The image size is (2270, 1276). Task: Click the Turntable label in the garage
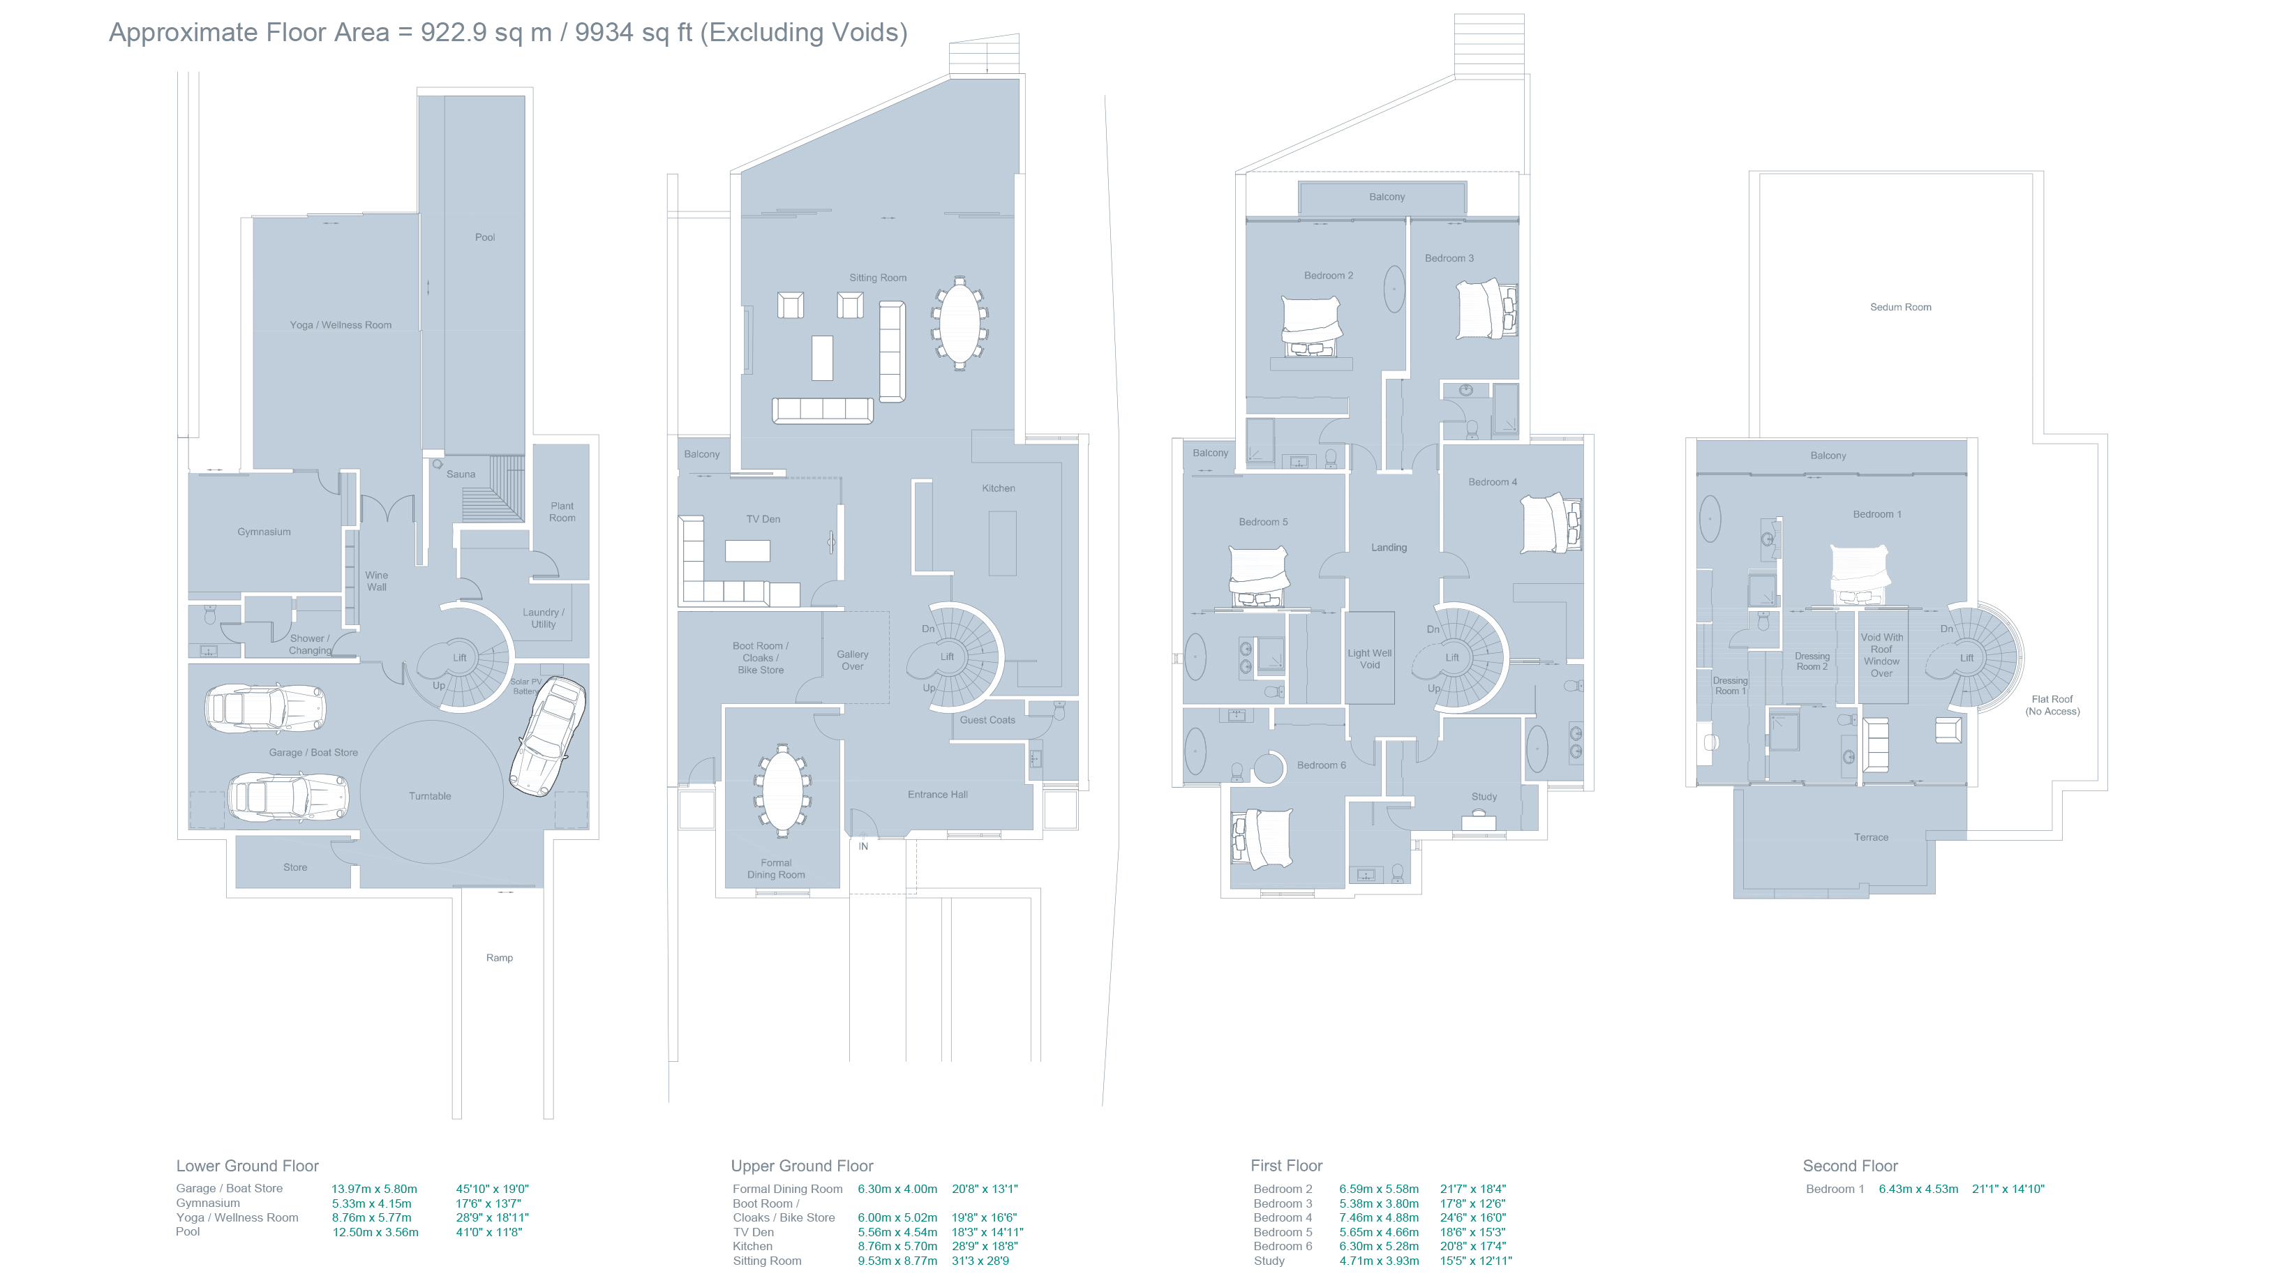pos(429,796)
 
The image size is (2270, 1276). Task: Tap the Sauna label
pos(460,474)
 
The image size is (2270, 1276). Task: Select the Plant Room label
pos(562,512)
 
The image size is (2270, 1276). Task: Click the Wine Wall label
pos(376,580)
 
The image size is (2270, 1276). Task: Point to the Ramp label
pos(499,957)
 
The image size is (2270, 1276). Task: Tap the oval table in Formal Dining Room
pos(782,790)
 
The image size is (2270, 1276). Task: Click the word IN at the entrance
pos(864,846)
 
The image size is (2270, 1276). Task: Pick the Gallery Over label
pos(852,660)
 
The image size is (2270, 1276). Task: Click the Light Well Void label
pos(1369,659)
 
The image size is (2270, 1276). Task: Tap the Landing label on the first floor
pos(1389,547)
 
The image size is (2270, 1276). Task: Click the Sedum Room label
pos(1900,308)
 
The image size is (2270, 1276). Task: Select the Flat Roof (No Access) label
pos(2052,705)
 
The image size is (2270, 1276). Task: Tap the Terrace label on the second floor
pos(1870,837)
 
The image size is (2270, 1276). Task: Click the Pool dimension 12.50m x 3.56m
pos(375,1232)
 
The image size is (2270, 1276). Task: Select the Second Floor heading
pos(1850,1166)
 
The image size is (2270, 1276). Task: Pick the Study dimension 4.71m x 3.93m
pos(1379,1261)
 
